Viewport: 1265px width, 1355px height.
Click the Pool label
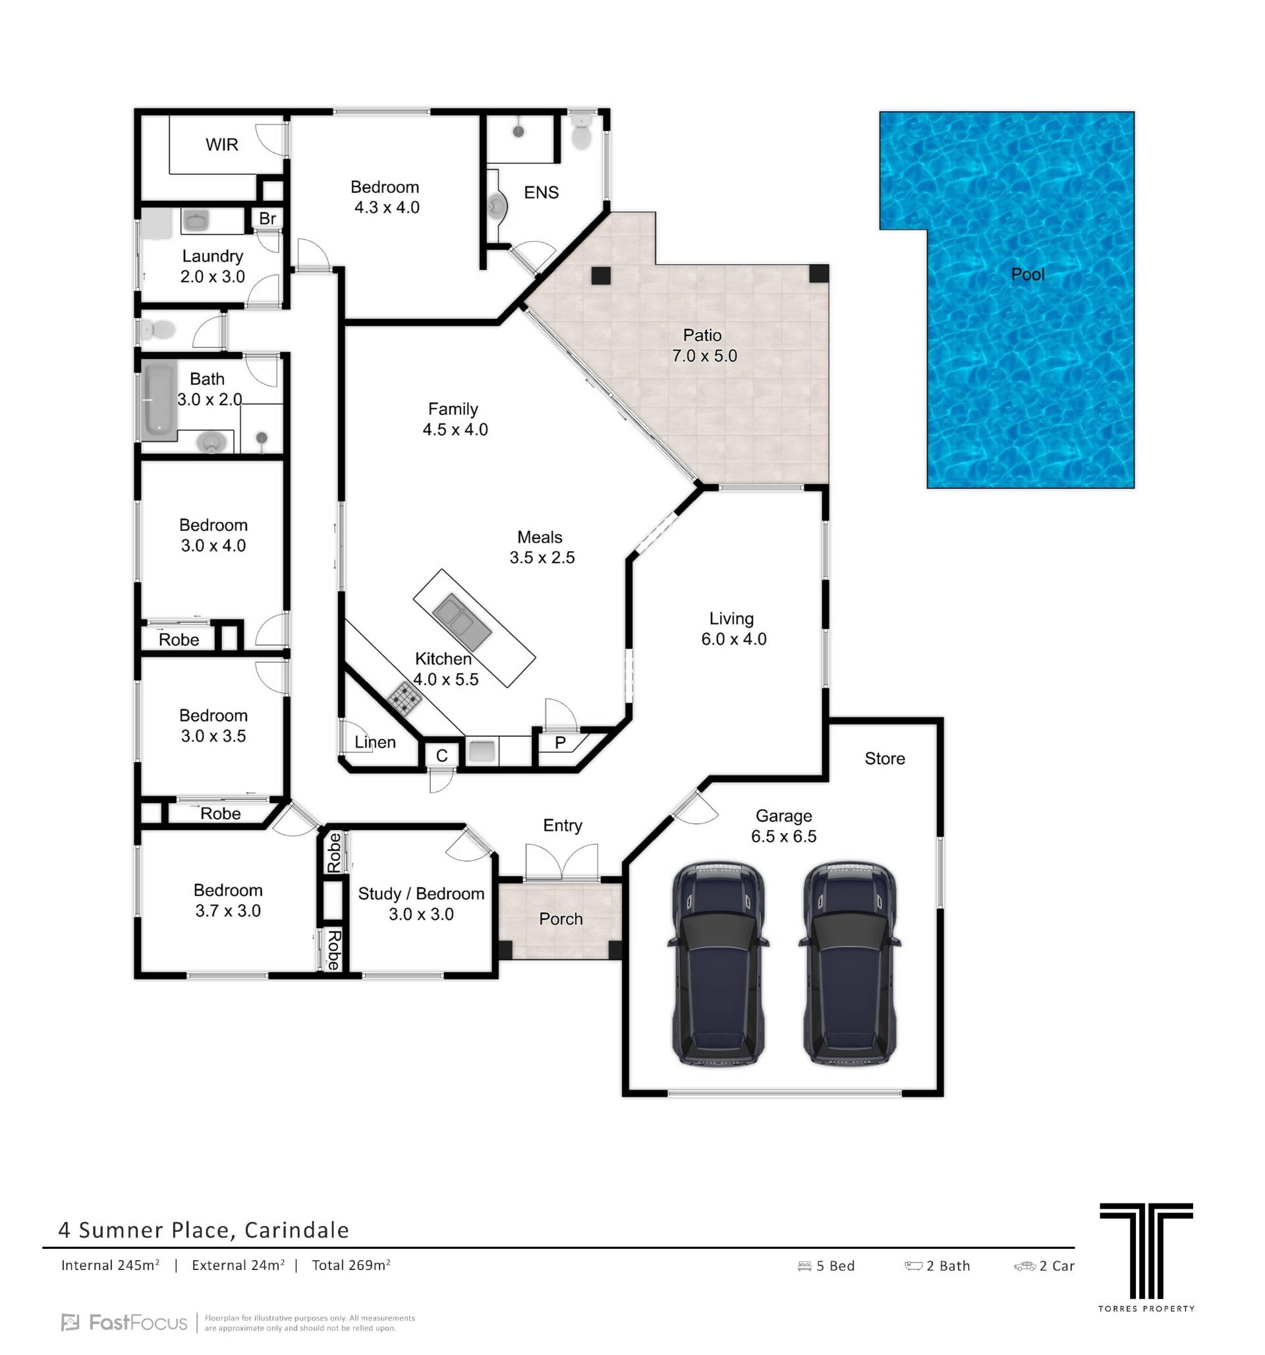click(x=1027, y=274)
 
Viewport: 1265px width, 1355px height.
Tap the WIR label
click(x=221, y=144)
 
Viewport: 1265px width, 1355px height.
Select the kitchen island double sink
click(x=461, y=622)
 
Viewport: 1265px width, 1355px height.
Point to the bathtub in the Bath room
click(x=159, y=401)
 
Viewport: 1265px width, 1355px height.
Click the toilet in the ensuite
click(x=580, y=132)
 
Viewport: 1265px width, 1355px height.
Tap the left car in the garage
click(x=717, y=963)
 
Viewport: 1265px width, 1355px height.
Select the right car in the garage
click(x=849, y=963)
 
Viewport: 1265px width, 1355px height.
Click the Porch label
click(x=560, y=919)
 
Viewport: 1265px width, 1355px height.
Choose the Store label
click(x=885, y=759)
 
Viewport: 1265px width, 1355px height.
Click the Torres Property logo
click(x=1146, y=1258)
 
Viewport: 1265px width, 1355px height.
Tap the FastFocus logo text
click(x=125, y=1323)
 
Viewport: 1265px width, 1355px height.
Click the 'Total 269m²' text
click(x=351, y=1265)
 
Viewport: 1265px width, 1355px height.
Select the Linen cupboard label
click(x=375, y=742)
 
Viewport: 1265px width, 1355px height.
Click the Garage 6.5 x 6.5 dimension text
click(x=784, y=837)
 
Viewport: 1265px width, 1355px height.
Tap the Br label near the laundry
click(x=267, y=218)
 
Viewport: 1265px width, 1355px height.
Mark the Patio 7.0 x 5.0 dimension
click(x=705, y=356)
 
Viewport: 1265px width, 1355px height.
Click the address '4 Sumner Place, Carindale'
click(x=204, y=1230)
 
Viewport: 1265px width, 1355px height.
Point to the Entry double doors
click(x=561, y=862)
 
